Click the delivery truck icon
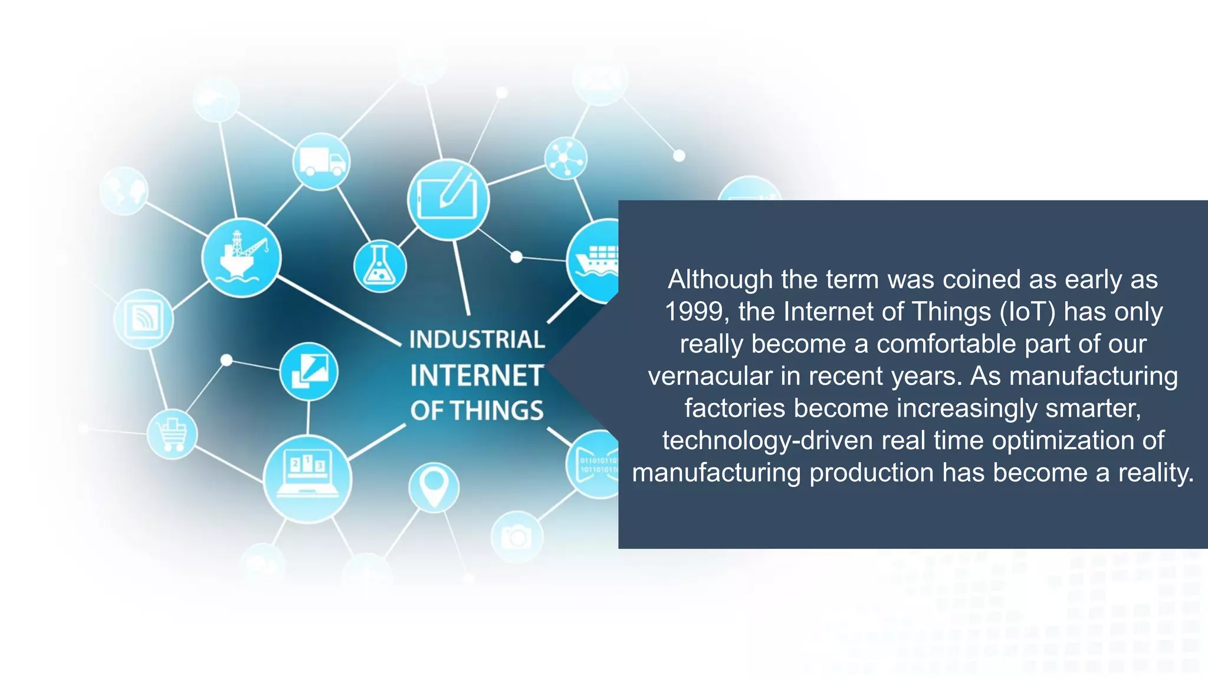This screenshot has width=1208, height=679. pos(321,161)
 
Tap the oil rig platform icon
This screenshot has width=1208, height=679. pos(241,258)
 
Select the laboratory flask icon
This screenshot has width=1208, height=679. pos(380,266)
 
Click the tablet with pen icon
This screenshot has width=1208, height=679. pos(448,199)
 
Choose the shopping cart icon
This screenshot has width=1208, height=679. pos(172,434)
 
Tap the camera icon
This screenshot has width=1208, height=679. pos(517,536)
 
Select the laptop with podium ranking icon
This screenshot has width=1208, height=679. pos(307,479)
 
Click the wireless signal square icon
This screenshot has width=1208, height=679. pos(143,319)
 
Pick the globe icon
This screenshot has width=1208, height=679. pos(124,190)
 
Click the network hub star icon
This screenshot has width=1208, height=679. pos(566,159)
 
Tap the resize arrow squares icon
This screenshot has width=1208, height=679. pos(308,372)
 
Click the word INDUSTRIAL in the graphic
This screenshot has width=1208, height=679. pos(477,339)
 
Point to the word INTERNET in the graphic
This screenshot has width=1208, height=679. pos(477,376)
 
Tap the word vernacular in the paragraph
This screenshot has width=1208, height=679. pos(710,376)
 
